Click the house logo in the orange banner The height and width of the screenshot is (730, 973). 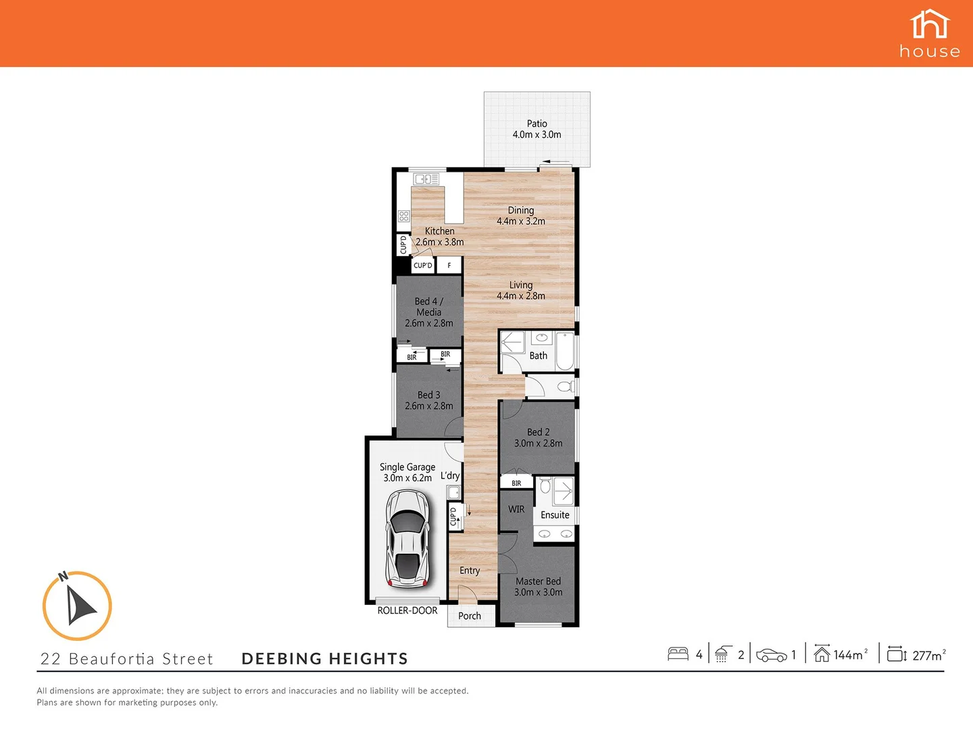[930, 34]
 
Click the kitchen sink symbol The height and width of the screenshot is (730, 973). [426, 179]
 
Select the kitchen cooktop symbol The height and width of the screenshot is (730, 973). [404, 216]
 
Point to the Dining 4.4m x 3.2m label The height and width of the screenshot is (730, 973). [521, 216]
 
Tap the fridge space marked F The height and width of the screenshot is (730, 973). [449, 266]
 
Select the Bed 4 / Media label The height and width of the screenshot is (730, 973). [429, 312]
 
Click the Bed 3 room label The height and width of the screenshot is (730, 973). [429, 400]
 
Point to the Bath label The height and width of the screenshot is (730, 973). [539, 356]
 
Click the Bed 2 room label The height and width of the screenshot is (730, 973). [539, 437]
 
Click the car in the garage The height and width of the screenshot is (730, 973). [407, 539]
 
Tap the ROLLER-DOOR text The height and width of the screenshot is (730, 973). [407, 610]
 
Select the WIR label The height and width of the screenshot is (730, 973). [516, 509]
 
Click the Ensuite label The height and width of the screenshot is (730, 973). [555, 515]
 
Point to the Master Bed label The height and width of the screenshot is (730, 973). [539, 586]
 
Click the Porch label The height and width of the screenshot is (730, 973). [470, 616]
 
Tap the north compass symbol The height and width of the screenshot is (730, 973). [77, 606]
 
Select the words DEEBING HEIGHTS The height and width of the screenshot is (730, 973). [325, 659]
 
